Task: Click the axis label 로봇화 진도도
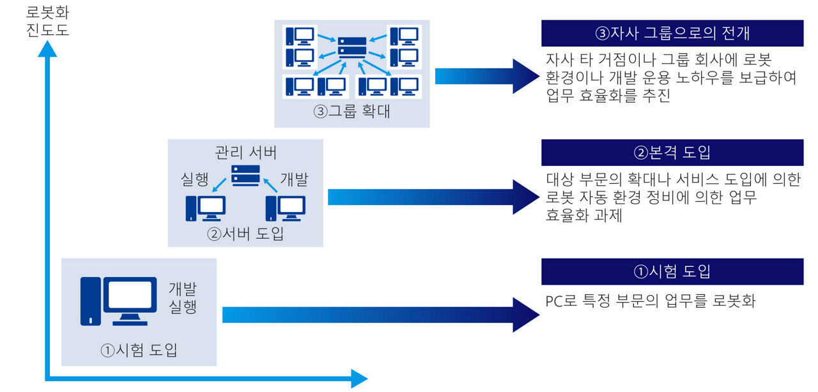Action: click(47, 21)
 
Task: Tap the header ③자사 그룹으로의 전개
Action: click(672, 33)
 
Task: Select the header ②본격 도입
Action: click(672, 153)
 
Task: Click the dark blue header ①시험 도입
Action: click(672, 271)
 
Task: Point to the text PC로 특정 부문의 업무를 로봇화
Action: click(651, 301)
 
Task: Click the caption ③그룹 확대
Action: click(351, 111)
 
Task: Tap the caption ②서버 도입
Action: click(245, 234)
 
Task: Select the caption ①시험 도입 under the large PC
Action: click(139, 350)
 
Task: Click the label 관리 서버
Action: click(246, 152)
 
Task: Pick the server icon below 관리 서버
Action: click(246, 176)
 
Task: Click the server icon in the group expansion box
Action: click(352, 47)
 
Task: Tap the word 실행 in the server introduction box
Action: click(195, 179)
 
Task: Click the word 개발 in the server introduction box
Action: click(295, 179)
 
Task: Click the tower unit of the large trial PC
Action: click(91, 301)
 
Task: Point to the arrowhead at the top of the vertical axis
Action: click(47, 49)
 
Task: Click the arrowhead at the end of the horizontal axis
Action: click(359, 379)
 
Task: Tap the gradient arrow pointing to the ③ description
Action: click(487, 76)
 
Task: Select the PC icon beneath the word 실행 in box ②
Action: click(206, 208)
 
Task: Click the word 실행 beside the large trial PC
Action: click(183, 306)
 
